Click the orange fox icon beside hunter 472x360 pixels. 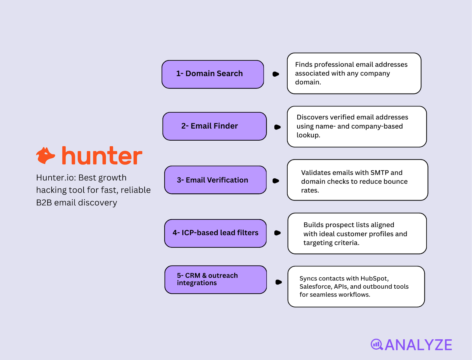click(45, 156)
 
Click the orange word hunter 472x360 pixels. click(102, 156)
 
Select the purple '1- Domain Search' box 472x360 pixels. click(213, 74)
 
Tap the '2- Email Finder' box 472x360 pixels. click(214, 126)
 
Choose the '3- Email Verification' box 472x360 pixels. click(215, 180)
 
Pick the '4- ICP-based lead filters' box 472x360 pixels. click(215, 233)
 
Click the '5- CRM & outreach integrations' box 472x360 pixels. click(216, 280)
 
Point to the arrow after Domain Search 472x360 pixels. click(276, 74)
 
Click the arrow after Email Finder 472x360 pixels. click(277, 127)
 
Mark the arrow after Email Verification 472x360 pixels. click(276, 181)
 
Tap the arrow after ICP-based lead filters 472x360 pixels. click(277, 233)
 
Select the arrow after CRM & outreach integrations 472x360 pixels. click(278, 282)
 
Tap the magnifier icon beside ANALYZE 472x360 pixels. click(377, 344)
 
